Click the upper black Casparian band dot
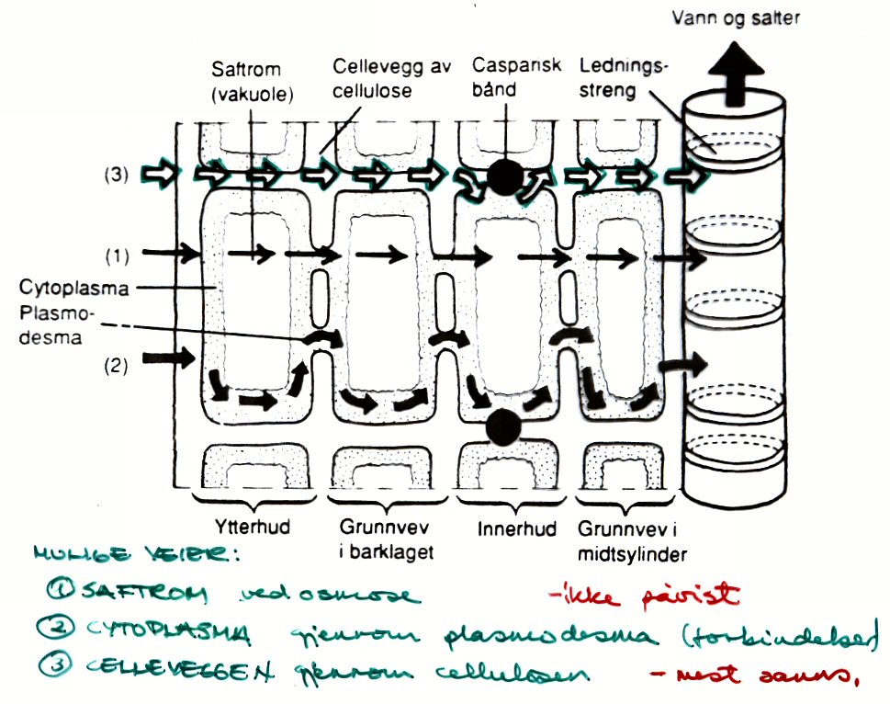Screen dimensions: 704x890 pos(504,176)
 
